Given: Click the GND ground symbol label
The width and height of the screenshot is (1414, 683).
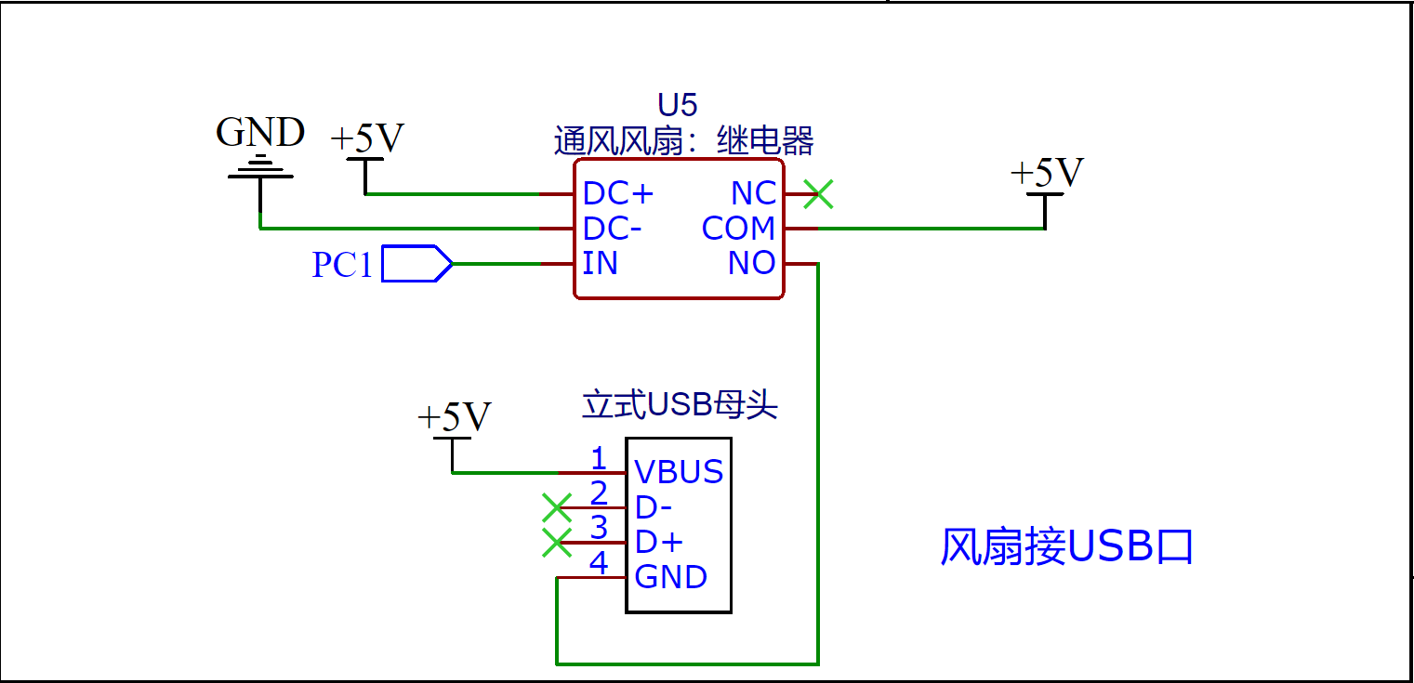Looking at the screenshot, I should coord(260,133).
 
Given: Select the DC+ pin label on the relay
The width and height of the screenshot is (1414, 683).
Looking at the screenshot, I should coord(618,194).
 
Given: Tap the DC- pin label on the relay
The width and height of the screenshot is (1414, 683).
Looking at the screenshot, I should coord(612,229).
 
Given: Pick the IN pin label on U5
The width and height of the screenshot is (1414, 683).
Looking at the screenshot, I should coord(600,264).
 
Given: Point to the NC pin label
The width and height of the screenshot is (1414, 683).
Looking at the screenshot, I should coord(753,194).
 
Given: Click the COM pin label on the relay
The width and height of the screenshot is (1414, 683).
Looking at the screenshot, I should coord(738,229).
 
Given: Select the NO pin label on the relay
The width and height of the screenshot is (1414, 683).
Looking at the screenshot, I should coord(751,264).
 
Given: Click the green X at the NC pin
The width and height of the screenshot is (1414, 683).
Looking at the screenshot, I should coord(818,194).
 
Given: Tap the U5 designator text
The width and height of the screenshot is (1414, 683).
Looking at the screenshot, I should coord(677,105).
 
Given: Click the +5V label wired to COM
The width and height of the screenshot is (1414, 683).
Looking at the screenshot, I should coord(1047,173).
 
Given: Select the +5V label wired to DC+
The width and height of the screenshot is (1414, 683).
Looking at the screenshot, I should coord(367,138).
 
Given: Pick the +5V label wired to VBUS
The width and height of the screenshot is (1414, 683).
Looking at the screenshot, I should coord(454,418).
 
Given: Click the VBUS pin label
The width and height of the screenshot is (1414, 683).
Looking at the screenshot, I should coord(679,472).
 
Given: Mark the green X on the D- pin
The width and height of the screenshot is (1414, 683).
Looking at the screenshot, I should coord(557,507).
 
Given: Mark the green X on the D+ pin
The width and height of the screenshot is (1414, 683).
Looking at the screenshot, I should coord(557,543).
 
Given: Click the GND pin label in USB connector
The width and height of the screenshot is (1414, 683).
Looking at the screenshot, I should coord(670,577).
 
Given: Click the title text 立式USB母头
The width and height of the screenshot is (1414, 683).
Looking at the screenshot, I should coord(680,406).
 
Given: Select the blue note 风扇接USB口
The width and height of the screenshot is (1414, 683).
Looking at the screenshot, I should coord(1066,547).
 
